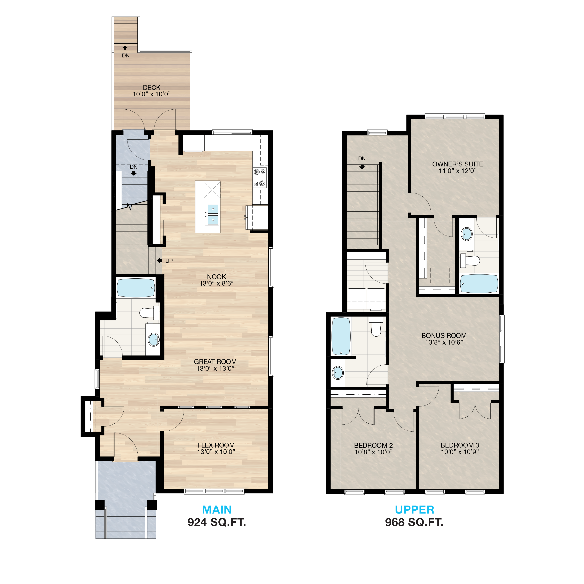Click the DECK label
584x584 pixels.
coord(152,88)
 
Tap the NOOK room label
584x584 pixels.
coord(216,277)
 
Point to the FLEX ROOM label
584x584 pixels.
coord(216,445)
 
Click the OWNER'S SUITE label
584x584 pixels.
coord(458,164)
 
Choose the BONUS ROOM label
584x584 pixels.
coord(444,336)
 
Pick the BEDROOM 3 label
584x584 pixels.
coord(460,445)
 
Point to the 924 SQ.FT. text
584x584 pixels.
coord(217,522)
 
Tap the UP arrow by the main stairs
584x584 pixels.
coord(160,261)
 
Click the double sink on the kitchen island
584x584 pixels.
coord(213,214)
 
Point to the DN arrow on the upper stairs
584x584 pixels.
coord(362,167)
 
